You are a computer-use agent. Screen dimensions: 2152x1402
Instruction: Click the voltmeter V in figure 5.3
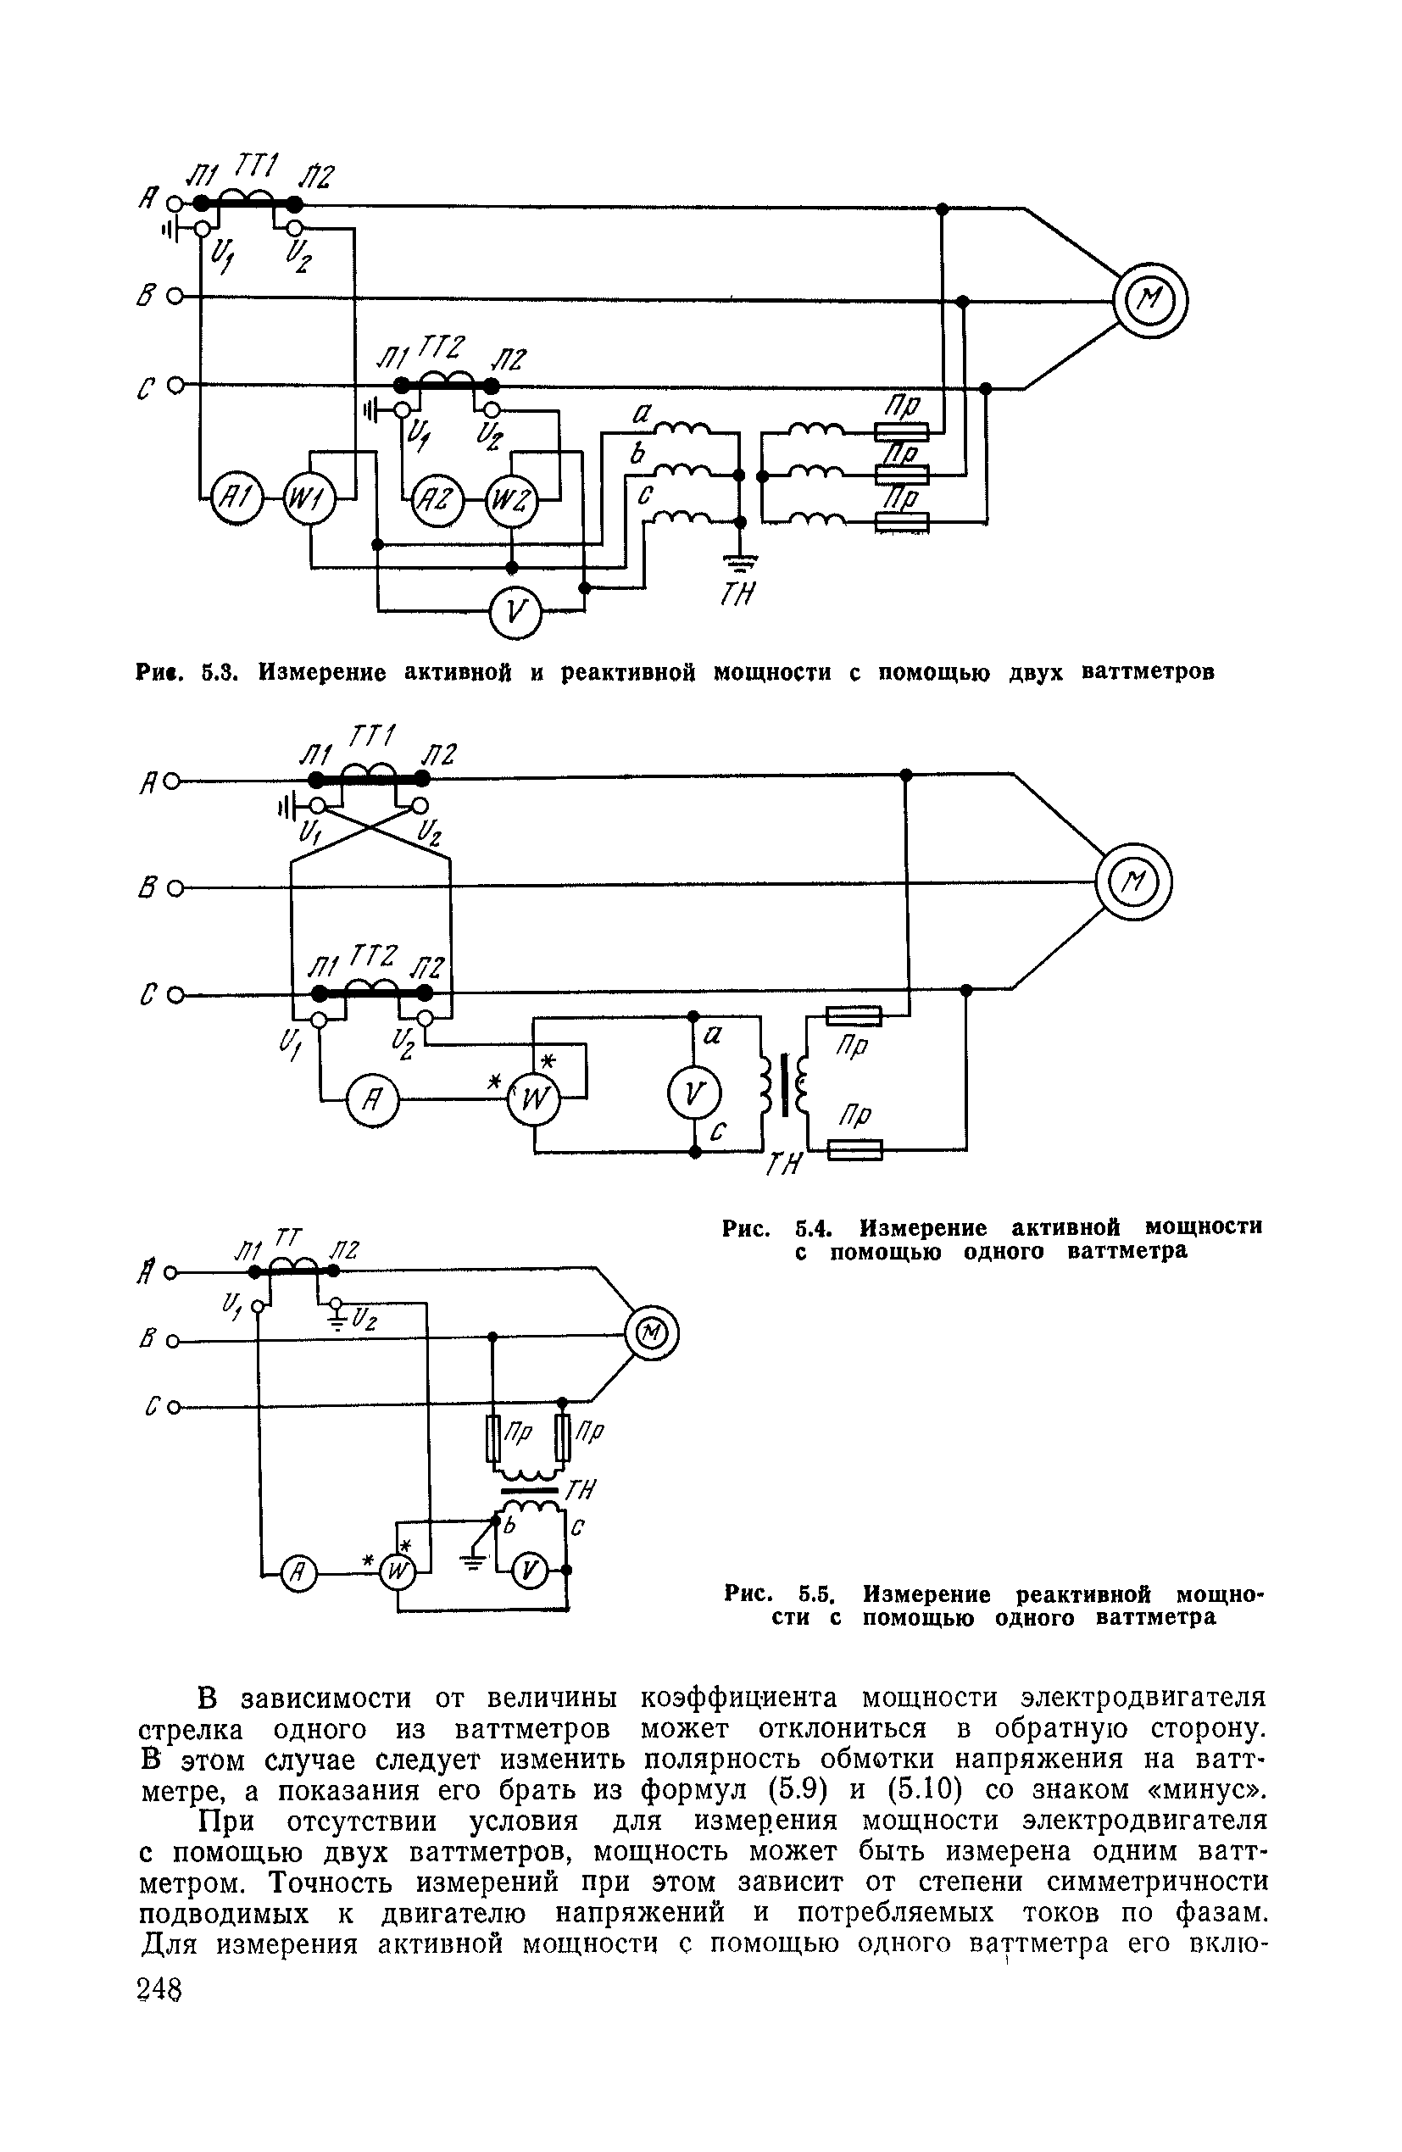click(x=515, y=614)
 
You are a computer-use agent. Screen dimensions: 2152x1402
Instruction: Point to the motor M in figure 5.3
click(x=1149, y=300)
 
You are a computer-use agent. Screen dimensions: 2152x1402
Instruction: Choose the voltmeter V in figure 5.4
click(x=693, y=1094)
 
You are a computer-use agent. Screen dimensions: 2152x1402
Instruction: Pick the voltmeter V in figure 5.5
click(x=530, y=1573)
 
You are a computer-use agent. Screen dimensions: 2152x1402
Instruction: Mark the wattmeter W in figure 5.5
click(x=396, y=1574)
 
